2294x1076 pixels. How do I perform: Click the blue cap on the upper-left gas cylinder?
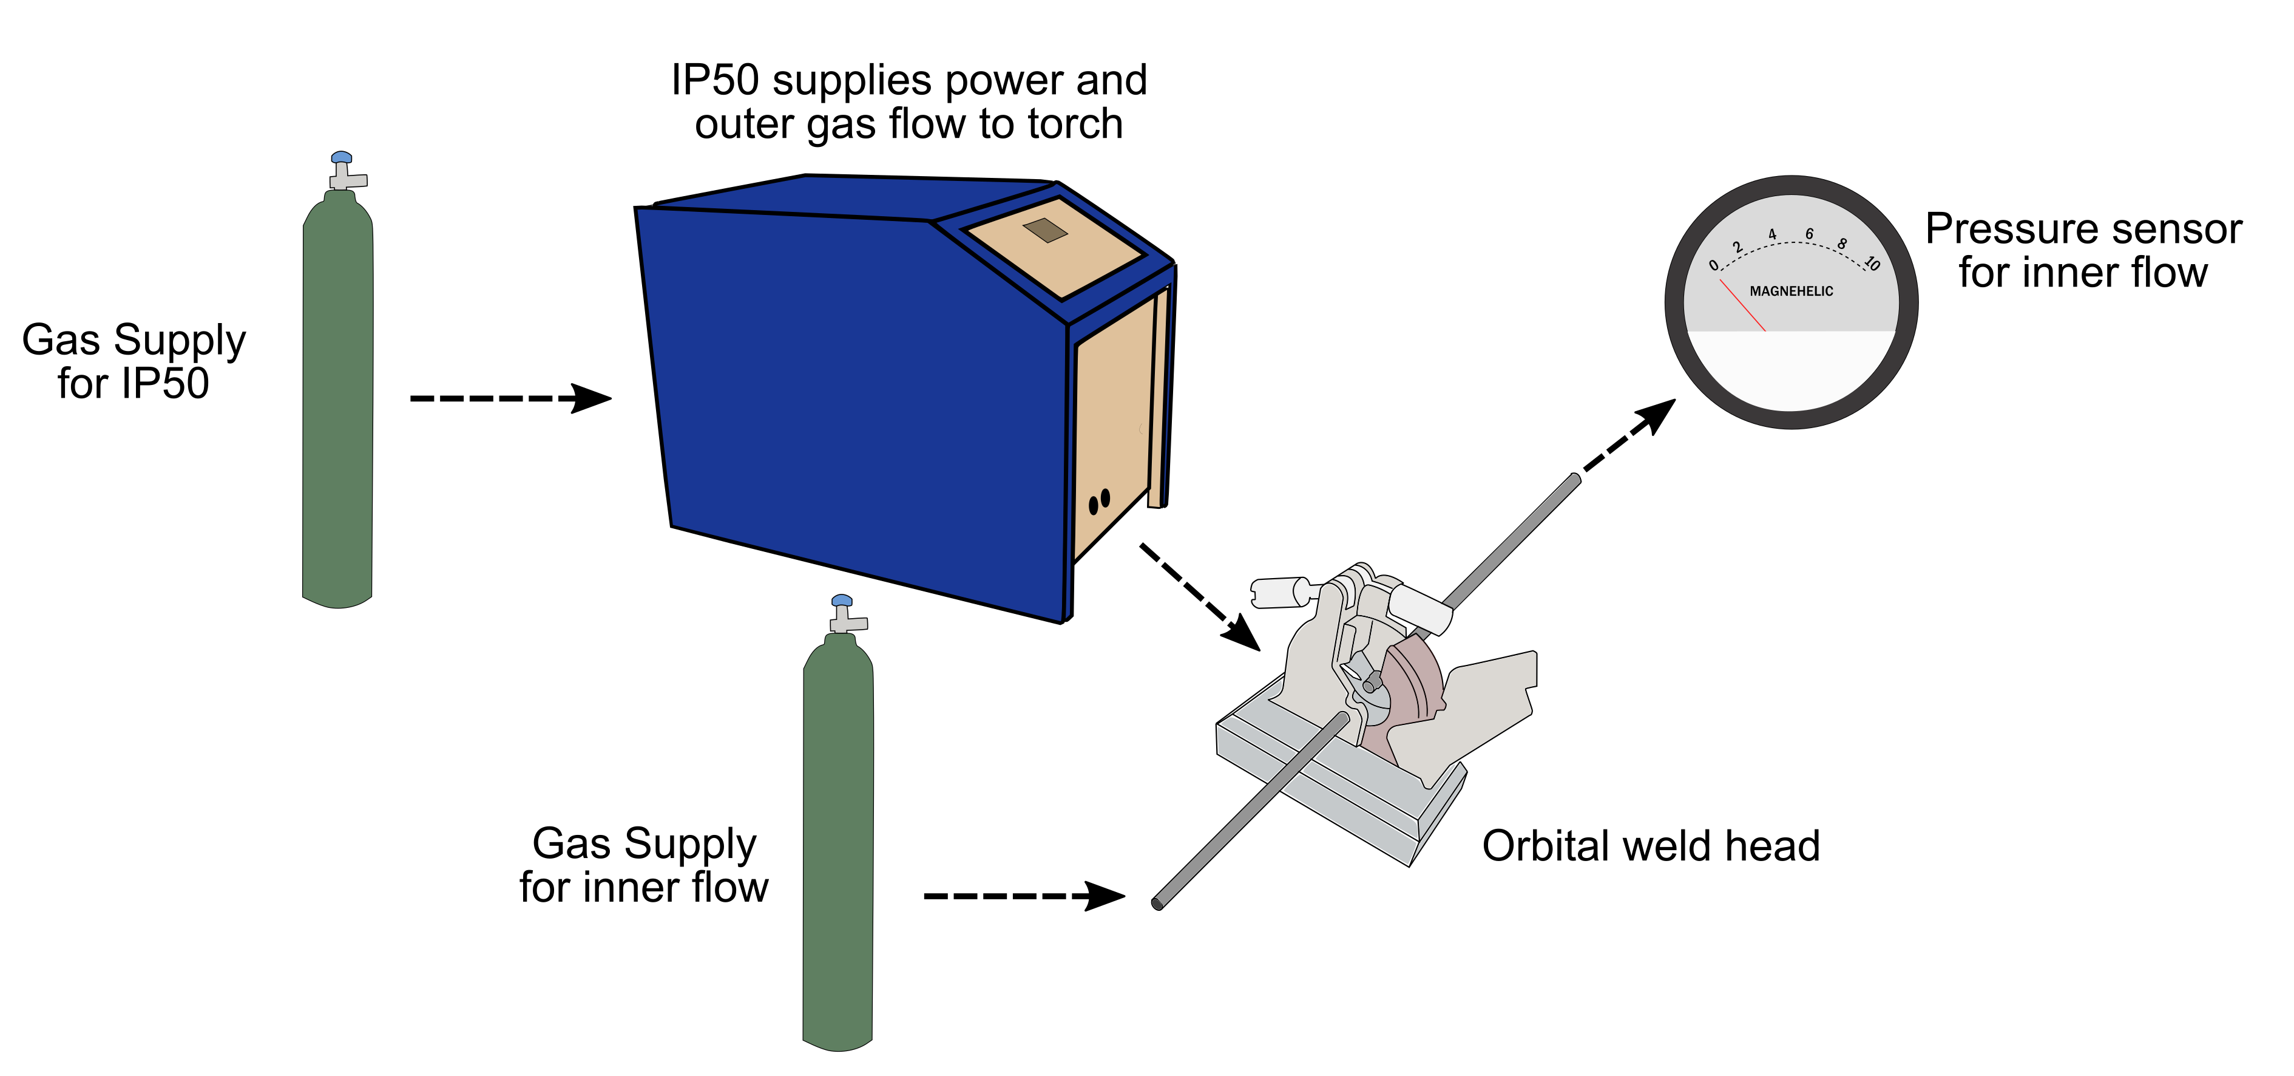pyautogui.click(x=341, y=158)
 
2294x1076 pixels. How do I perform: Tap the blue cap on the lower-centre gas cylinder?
pyautogui.click(x=842, y=601)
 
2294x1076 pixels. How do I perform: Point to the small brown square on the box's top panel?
pyautogui.click(x=1046, y=230)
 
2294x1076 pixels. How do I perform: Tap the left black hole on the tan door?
pyautogui.click(x=1094, y=505)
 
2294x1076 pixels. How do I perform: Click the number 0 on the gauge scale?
pyautogui.click(x=1713, y=265)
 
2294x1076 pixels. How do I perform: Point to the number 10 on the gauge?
pyautogui.click(x=1872, y=264)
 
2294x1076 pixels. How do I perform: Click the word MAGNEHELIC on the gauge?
pyautogui.click(x=1791, y=291)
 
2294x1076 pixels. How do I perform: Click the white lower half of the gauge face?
pyautogui.click(x=1792, y=370)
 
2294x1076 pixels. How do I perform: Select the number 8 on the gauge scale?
pyautogui.click(x=1842, y=243)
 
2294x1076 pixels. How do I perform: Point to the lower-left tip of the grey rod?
pyautogui.click(x=1159, y=903)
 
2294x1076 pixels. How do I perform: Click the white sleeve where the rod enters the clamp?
pyautogui.click(x=1419, y=608)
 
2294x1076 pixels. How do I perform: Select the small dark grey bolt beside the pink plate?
pyautogui.click(x=1372, y=685)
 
